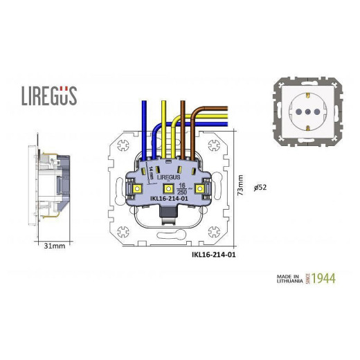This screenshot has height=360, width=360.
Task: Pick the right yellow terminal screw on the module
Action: (x=201, y=188)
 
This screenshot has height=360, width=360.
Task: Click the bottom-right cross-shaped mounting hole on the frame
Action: (x=215, y=233)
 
